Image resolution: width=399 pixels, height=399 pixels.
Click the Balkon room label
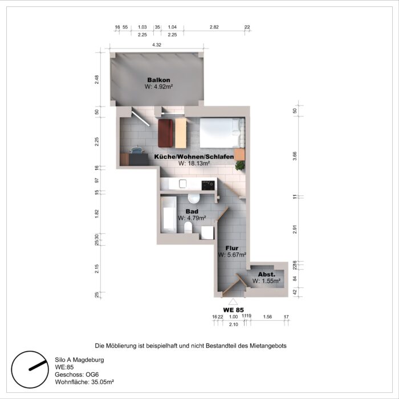(x=158, y=80)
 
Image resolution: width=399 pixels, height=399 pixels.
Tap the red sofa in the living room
(x=166, y=133)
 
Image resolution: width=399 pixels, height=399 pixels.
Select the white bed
(x=221, y=132)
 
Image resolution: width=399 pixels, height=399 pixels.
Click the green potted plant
(x=240, y=165)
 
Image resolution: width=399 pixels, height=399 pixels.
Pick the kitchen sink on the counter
(x=183, y=184)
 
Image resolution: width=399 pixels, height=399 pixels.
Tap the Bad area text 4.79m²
(x=192, y=218)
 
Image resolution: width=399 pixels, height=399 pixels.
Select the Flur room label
(x=232, y=248)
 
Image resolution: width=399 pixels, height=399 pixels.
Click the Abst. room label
(x=267, y=274)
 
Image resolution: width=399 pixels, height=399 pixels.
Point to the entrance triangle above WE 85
(x=233, y=301)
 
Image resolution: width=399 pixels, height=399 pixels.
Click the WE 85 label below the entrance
(x=233, y=310)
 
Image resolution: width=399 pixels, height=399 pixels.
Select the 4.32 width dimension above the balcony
(x=157, y=44)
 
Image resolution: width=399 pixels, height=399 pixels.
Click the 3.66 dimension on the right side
(x=295, y=153)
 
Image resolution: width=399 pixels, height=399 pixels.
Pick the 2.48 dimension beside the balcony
(x=97, y=80)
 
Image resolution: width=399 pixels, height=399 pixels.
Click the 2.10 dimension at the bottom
(x=233, y=324)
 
